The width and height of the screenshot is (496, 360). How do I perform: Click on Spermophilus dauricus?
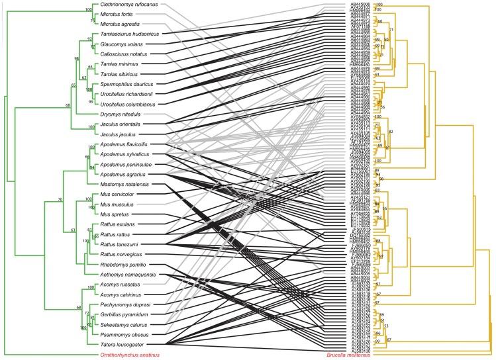126,84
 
